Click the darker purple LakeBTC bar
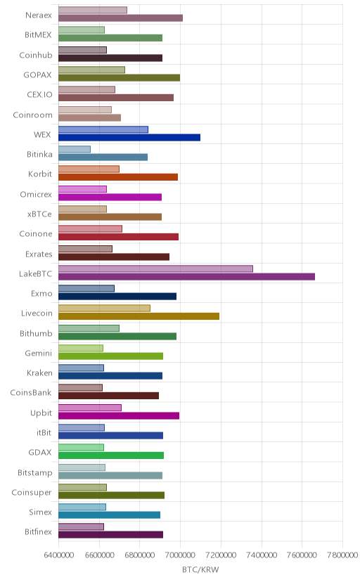[x=186, y=276]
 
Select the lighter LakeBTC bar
[x=155, y=269]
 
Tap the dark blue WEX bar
[x=129, y=137]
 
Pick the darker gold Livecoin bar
[x=139, y=316]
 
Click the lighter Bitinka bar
[x=75, y=149]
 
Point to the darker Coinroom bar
[x=89, y=117]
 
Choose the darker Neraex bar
[x=120, y=18]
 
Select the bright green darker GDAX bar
[x=111, y=455]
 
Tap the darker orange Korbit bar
[x=118, y=177]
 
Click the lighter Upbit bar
[x=90, y=408]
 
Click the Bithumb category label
[x=36, y=333]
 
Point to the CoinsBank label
[x=31, y=393]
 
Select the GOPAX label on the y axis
[x=37, y=75]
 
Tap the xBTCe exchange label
[x=39, y=214]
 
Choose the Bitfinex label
[x=38, y=532]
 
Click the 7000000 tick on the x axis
[x=180, y=555]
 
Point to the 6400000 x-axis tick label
[x=58, y=555]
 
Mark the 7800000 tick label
[x=342, y=555]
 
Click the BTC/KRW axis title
[x=200, y=570]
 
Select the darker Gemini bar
[x=110, y=356]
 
